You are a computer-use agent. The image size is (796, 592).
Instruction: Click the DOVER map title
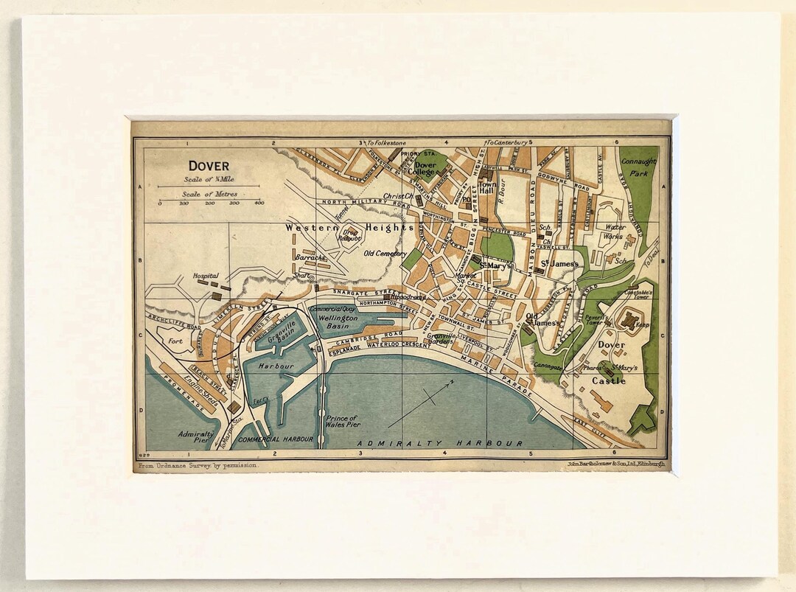tap(209, 166)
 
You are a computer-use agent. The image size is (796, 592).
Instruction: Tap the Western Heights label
tap(350, 228)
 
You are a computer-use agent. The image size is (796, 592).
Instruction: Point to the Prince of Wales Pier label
tap(341, 422)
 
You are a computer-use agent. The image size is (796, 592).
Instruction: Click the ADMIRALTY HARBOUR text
tap(440, 443)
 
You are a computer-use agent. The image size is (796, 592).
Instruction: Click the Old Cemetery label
tap(385, 253)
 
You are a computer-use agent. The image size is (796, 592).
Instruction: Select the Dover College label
tap(425, 169)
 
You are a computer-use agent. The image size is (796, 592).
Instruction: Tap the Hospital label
tap(206, 276)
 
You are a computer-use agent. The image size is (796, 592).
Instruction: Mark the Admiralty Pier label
tap(196, 438)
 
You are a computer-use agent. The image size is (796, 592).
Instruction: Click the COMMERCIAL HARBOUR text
tap(276, 439)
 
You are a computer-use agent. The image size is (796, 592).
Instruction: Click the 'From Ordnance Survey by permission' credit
tap(198, 467)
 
